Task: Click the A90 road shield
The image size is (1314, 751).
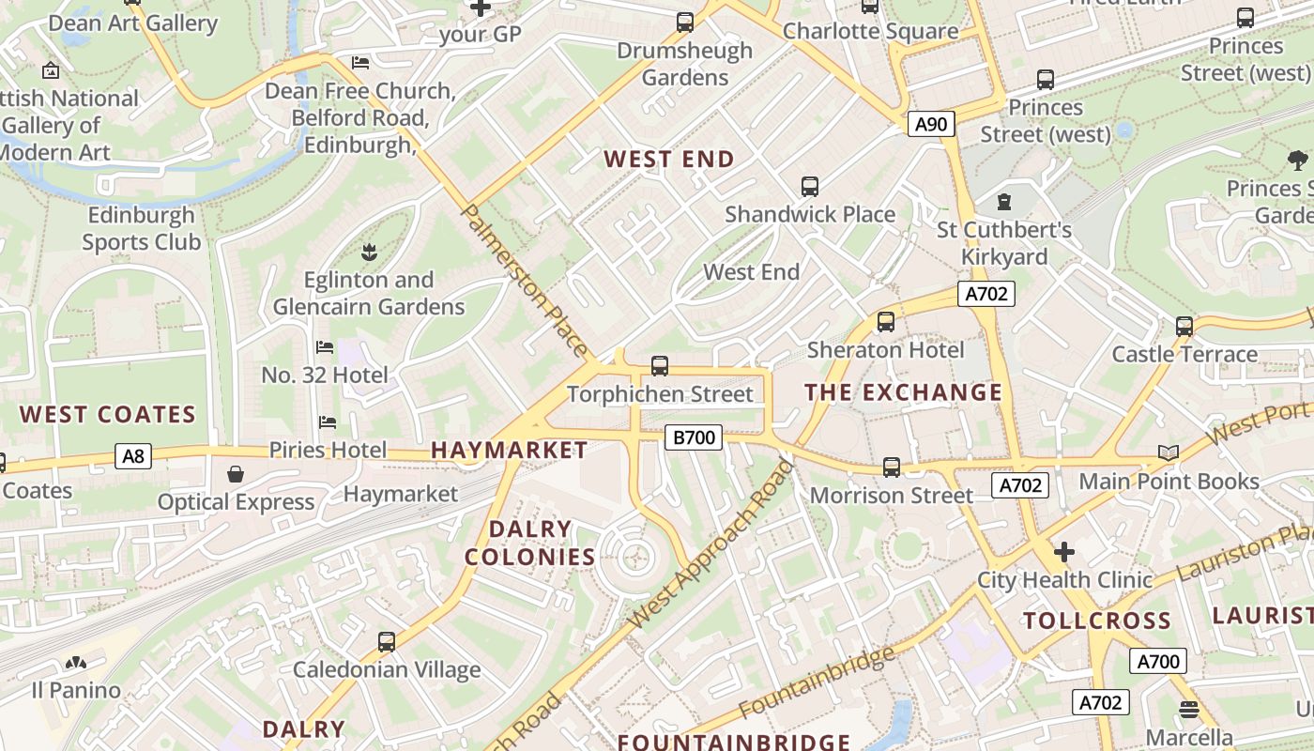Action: (x=931, y=124)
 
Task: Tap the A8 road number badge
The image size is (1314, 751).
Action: (x=133, y=456)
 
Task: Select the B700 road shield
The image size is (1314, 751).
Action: (x=694, y=437)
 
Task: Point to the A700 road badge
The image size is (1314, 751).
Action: (x=1157, y=661)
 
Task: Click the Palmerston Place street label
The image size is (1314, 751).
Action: (x=527, y=281)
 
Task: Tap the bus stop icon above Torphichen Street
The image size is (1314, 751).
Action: (x=660, y=366)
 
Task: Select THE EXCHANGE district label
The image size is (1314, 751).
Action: (x=903, y=392)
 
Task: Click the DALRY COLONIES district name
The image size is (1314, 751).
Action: (x=530, y=543)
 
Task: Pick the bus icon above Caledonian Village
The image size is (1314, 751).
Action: (x=386, y=642)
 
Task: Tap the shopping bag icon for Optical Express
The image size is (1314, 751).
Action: (x=236, y=474)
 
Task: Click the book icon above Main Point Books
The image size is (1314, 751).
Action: (x=1168, y=453)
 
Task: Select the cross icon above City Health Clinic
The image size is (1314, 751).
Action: (x=1063, y=551)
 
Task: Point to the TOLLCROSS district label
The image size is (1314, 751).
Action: (x=1096, y=621)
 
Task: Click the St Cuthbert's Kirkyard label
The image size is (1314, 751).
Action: (x=1003, y=243)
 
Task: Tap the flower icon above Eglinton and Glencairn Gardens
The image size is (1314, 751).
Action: (x=368, y=252)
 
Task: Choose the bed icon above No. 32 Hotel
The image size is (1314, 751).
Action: (x=325, y=347)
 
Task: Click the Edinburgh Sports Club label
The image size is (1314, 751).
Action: (x=141, y=228)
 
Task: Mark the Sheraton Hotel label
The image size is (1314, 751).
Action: (x=885, y=350)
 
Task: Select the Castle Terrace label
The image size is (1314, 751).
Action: (x=1184, y=354)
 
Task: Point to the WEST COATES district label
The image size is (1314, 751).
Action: (x=107, y=414)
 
